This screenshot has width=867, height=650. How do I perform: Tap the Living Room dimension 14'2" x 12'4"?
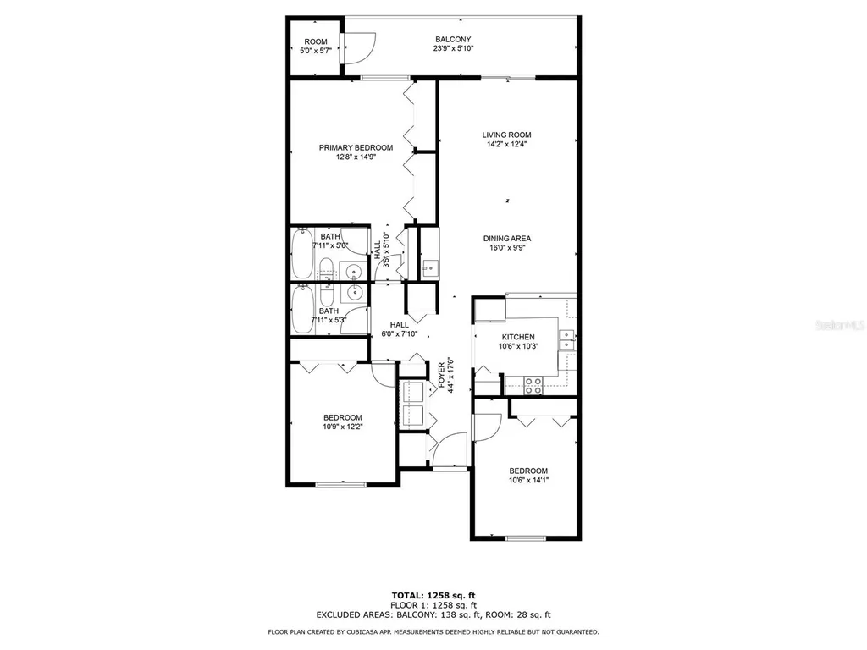point(507,144)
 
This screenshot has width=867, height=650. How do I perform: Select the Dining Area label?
point(507,239)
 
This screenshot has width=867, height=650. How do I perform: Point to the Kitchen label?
point(518,337)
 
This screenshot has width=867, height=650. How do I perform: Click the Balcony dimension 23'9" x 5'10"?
point(453,49)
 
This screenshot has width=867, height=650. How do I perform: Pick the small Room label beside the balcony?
point(316,41)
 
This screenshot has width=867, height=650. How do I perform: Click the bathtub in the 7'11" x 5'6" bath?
point(302,254)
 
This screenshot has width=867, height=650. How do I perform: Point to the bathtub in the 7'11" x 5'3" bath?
point(302,310)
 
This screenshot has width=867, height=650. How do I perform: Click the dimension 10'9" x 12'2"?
point(343,427)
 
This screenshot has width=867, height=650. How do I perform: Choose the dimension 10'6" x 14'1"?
point(527,481)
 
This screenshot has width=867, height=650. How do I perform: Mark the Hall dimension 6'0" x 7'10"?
point(400,334)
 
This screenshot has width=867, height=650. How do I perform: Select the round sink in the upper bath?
point(353,272)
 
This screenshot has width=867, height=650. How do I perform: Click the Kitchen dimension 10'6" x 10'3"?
point(518,346)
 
